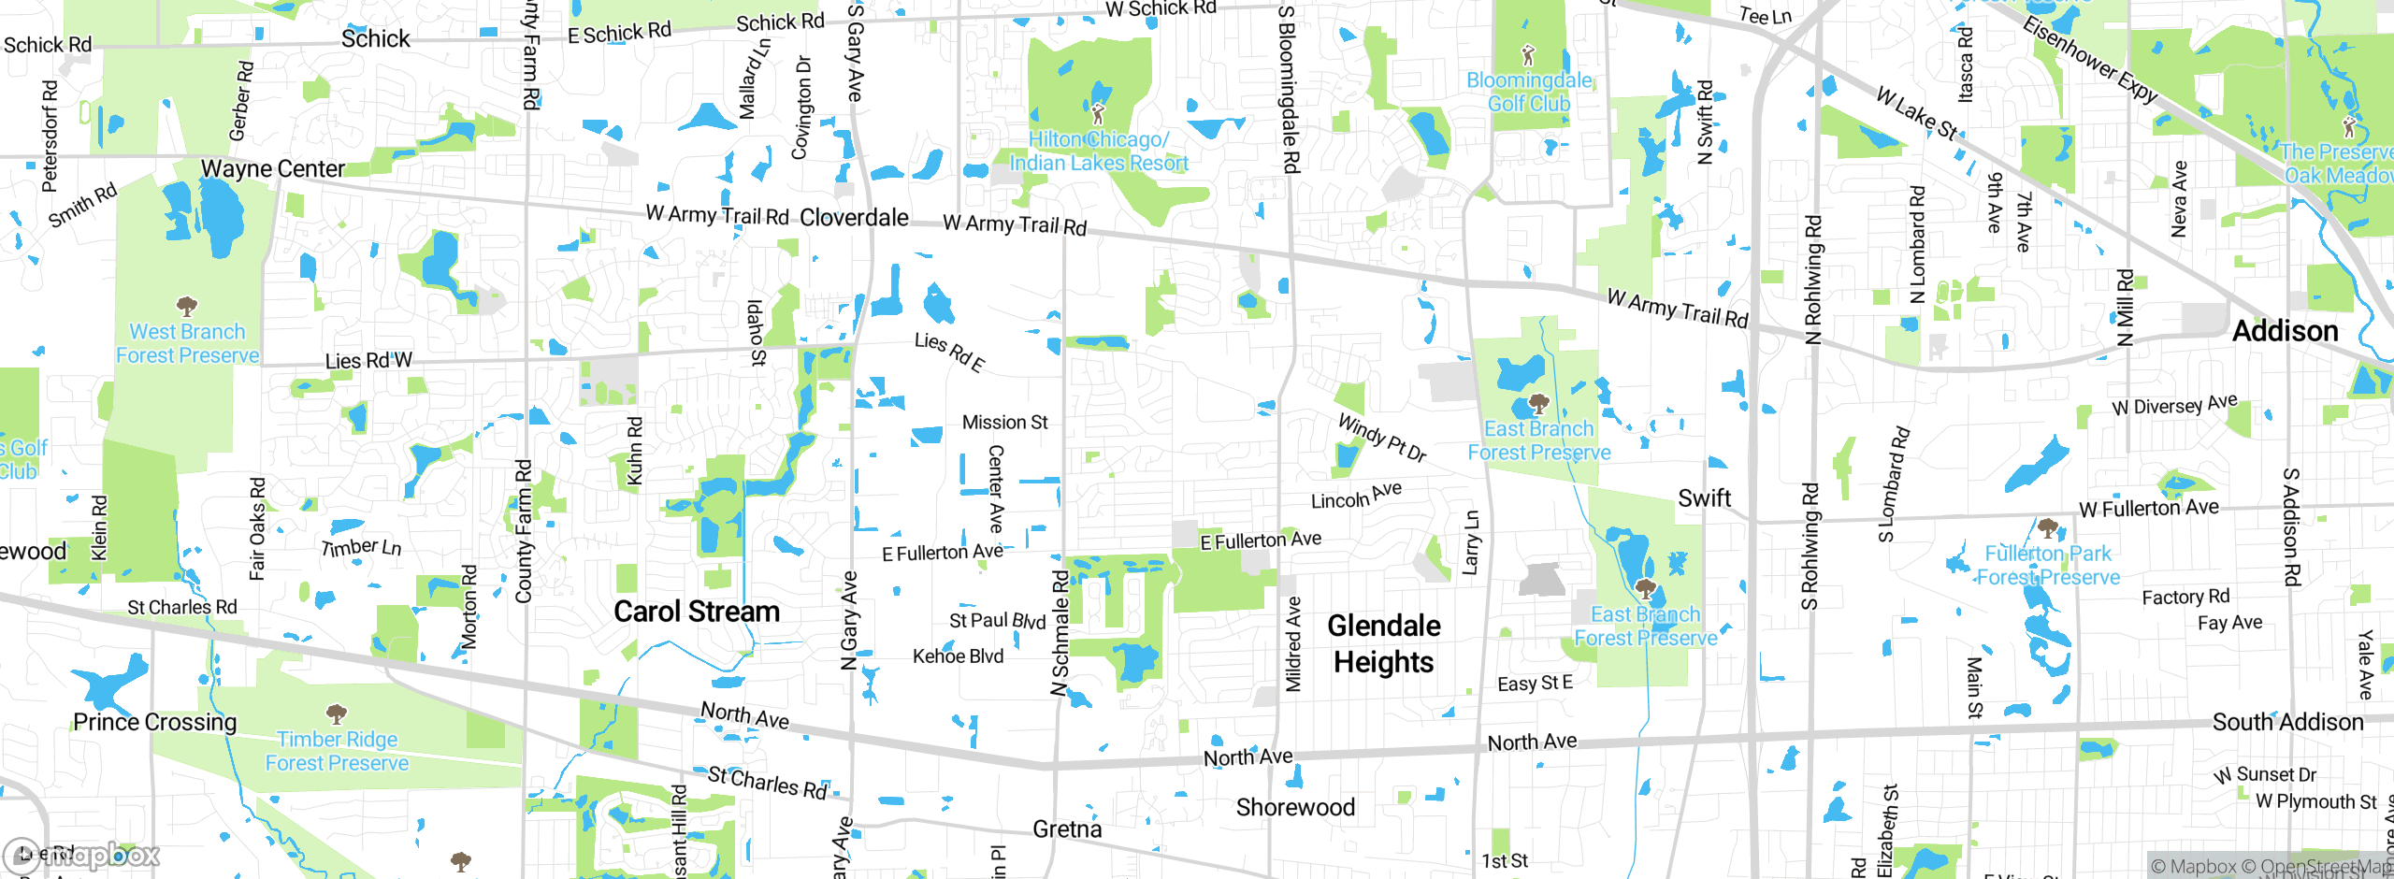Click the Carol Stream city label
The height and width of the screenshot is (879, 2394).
tap(697, 612)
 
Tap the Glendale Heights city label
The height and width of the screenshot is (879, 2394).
tap(1384, 643)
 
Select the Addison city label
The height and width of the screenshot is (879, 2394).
tap(2285, 331)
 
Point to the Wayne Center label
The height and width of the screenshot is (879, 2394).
tap(273, 169)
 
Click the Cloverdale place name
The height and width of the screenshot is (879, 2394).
tap(854, 218)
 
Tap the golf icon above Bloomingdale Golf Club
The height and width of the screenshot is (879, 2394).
tap(1528, 54)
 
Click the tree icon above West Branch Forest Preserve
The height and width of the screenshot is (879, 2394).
tap(187, 307)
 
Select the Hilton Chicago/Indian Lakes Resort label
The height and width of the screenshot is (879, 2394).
tap(1098, 151)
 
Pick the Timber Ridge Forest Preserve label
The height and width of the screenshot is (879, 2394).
tap(337, 751)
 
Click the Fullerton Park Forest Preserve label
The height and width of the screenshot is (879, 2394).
tap(2048, 565)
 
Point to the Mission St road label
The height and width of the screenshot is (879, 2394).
tap(1004, 423)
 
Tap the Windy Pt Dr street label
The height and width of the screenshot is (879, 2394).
tap(1382, 438)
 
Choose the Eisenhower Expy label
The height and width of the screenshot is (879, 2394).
tap(2090, 60)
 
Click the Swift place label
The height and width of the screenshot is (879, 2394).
tap(1704, 498)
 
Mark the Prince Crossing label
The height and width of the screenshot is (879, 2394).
tap(155, 722)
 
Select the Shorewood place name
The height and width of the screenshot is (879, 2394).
tap(1295, 808)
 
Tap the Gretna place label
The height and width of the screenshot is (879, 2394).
tap(1067, 829)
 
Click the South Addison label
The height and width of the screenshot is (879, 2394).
tap(2287, 722)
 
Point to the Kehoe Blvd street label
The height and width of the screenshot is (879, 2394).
tap(958, 656)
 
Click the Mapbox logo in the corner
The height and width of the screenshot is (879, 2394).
tap(82, 856)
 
